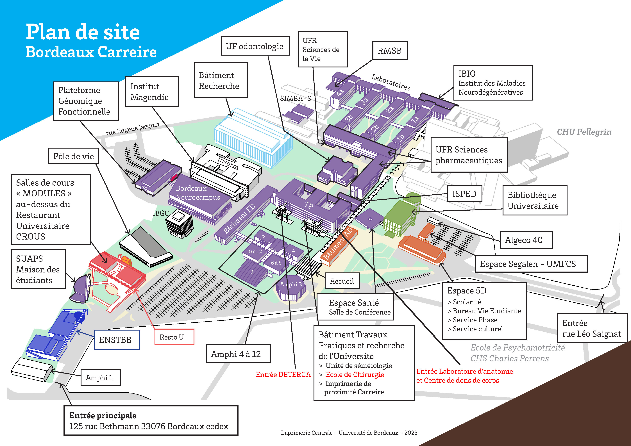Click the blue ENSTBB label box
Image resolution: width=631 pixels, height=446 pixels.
pos(117,340)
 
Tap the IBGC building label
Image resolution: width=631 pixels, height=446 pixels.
pos(161,213)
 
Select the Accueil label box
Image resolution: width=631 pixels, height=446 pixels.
pos(342,281)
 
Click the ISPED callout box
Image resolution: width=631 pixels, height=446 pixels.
pos(464,194)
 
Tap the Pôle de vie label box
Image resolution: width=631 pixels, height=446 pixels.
pos(73,156)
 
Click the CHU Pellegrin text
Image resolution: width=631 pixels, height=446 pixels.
pos(584,132)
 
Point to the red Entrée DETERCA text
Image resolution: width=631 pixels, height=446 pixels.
pos(283,375)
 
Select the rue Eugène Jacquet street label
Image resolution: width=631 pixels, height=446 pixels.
pos(133,128)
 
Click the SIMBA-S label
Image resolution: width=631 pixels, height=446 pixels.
pos(295,98)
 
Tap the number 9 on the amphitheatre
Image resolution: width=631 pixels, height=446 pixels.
pos(252,272)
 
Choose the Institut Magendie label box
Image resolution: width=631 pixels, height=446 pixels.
pos(152,92)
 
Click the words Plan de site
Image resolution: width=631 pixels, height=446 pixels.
pos(83,32)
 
